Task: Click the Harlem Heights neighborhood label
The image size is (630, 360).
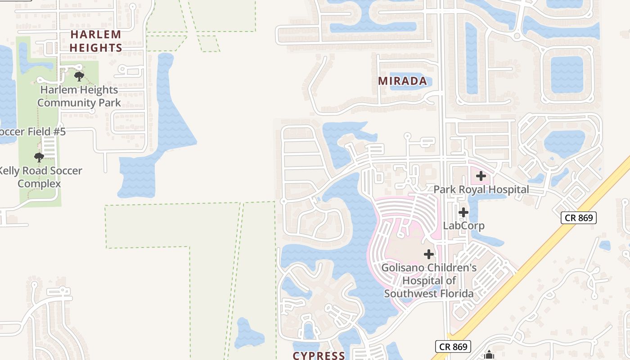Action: pyautogui.click(x=96, y=41)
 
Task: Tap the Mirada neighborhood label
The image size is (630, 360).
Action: pyautogui.click(x=402, y=81)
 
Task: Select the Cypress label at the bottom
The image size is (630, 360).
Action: pyautogui.click(x=319, y=355)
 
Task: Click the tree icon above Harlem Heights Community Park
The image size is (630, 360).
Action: pyautogui.click(x=79, y=76)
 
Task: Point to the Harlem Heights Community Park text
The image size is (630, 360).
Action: pyautogui.click(x=79, y=96)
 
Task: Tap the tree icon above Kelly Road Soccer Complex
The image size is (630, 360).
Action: pyautogui.click(x=39, y=157)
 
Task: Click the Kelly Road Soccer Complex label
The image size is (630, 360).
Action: pyautogui.click(x=40, y=177)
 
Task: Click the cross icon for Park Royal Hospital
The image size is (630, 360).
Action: pyautogui.click(x=481, y=175)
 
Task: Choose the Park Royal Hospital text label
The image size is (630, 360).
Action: pyautogui.click(x=481, y=189)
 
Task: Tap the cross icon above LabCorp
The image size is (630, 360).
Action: pyautogui.click(x=463, y=212)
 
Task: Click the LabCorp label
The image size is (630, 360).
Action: pyautogui.click(x=463, y=225)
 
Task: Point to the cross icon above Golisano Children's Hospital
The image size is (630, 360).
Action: pyautogui.click(x=429, y=254)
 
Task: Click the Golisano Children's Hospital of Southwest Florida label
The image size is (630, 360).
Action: pyautogui.click(x=429, y=280)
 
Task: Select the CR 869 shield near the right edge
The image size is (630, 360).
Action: pyautogui.click(x=579, y=218)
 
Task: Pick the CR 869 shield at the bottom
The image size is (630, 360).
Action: pyautogui.click(x=453, y=346)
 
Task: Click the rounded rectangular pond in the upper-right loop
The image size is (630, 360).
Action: pyautogui.click(x=567, y=75)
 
